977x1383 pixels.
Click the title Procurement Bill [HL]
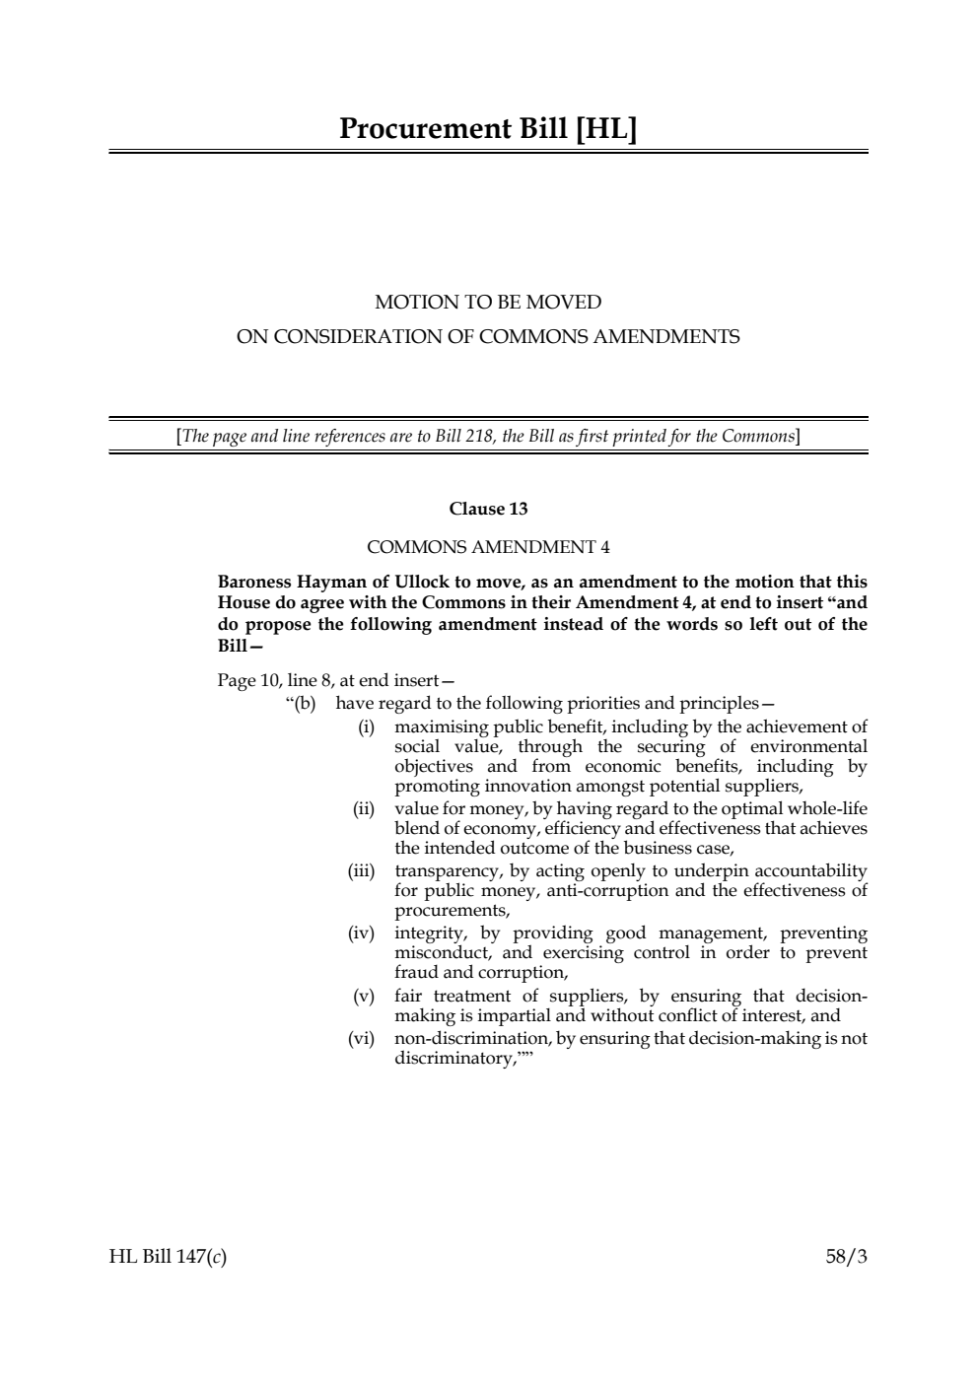[x=488, y=129]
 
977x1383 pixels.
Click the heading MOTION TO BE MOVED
[x=488, y=302]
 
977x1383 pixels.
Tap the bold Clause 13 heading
[x=488, y=509]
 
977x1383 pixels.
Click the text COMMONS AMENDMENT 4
[x=488, y=546]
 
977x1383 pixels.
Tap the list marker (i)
[x=366, y=727]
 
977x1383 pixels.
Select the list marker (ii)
[x=364, y=809]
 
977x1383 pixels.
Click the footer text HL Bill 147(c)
[x=168, y=1257]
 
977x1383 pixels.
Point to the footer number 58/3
[x=846, y=1257]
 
